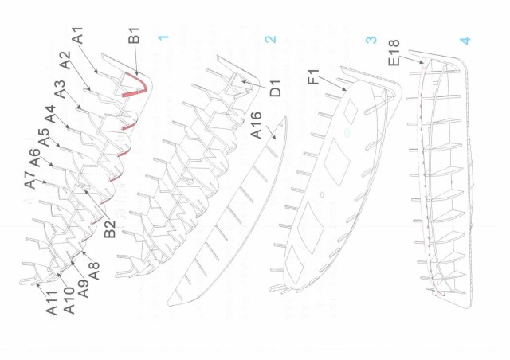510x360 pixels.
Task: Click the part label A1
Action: coord(78,36)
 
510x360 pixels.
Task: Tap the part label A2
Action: coord(65,61)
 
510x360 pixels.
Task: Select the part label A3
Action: coord(61,89)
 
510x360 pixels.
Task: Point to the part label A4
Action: coord(50,114)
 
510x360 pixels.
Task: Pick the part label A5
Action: coord(44,138)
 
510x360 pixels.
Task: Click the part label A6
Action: coord(34,158)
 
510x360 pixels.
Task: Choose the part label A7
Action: coord(29,180)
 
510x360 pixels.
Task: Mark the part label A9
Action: coord(84,289)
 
